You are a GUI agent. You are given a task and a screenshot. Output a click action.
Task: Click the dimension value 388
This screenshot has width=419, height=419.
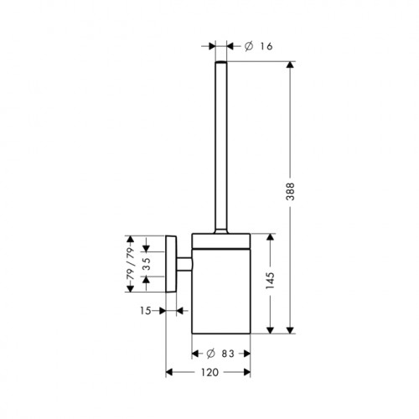coord(291,192)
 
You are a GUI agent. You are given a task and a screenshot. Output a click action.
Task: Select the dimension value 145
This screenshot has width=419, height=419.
coord(270,281)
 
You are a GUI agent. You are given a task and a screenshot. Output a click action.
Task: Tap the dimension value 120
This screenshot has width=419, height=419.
coord(209,372)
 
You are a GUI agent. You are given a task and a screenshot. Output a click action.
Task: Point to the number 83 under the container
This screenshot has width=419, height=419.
coord(228,354)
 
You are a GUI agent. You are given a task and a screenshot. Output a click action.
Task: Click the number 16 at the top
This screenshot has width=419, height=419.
coord(266,46)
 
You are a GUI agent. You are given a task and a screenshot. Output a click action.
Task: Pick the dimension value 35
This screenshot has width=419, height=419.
coord(146,264)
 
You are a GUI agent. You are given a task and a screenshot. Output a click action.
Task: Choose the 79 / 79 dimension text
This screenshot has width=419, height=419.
coord(130,264)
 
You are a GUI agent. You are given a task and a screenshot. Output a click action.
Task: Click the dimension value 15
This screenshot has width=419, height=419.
coord(146,311)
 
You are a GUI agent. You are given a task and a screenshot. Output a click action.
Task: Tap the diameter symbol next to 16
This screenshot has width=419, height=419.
coord(249,46)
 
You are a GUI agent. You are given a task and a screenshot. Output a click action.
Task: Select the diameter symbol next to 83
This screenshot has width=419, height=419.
coord(210,354)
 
